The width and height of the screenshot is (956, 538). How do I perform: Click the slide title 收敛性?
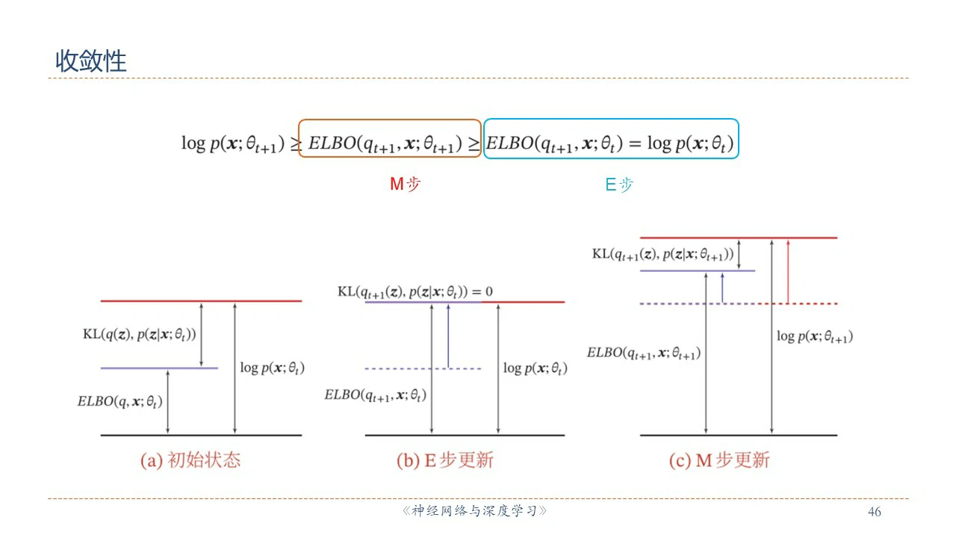pyautogui.click(x=91, y=61)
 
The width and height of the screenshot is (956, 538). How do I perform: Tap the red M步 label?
pyautogui.click(x=405, y=184)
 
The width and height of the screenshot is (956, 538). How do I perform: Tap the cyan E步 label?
pyautogui.click(x=618, y=185)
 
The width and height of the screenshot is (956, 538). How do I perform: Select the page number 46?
pyautogui.click(x=875, y=512)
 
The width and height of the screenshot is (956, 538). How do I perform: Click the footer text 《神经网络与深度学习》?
pyautogui.click(x=474, y=512)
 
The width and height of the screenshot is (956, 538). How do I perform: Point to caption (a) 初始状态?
pyautogui.click(x=190, y=460)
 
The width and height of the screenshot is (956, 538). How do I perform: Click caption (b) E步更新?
pyautogui.click(x=444, y=460)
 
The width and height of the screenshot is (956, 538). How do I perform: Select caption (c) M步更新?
pyautogui.click(x=718, y=460)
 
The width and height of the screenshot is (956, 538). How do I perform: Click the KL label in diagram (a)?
pyautogui.click(x=140, y=334)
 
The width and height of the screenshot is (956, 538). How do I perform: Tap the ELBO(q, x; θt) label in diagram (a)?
pyautogui.click(x=120, y=401)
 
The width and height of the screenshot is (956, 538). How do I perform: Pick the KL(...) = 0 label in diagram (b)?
pyautogui.click(x=415, y=291)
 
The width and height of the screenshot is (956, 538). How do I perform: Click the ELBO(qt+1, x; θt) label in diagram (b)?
pyautogui.click(x=375, y=395)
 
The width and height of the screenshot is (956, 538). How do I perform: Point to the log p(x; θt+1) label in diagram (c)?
pyautogui.click(x=814, y=336)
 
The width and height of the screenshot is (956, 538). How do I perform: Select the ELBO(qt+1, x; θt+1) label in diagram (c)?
pyautogui.click(x=644, y=353)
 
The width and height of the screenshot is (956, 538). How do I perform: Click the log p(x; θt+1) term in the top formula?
pyautogui.click(x=233, y=143)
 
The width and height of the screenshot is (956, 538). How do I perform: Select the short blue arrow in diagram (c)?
pyautogui.click(x=722, y=288)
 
